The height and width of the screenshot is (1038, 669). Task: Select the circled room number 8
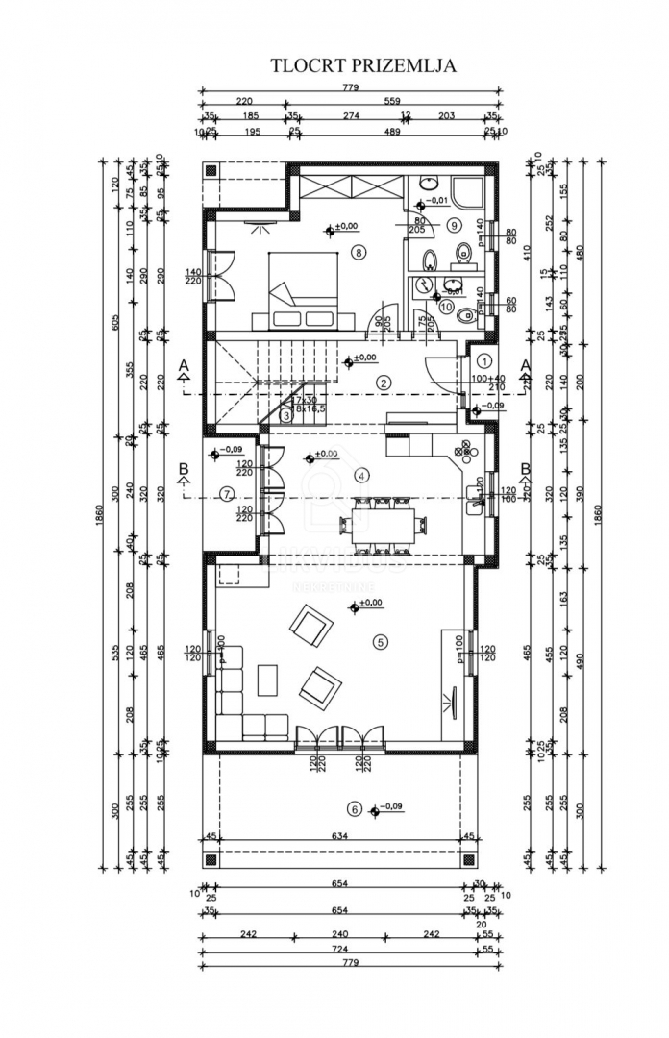click(358, 253)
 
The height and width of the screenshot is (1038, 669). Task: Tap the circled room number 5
click(381, 641)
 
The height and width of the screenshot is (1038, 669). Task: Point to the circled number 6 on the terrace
click(354, 810)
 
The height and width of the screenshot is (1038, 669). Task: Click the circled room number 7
click(227, 494)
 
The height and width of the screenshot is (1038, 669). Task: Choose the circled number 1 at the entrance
click(484, 360)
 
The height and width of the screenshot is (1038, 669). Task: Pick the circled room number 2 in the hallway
click(384, 383)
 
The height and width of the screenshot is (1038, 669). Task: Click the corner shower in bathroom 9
click(471, 191)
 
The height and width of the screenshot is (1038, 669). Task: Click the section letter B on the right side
click(526, 469)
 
